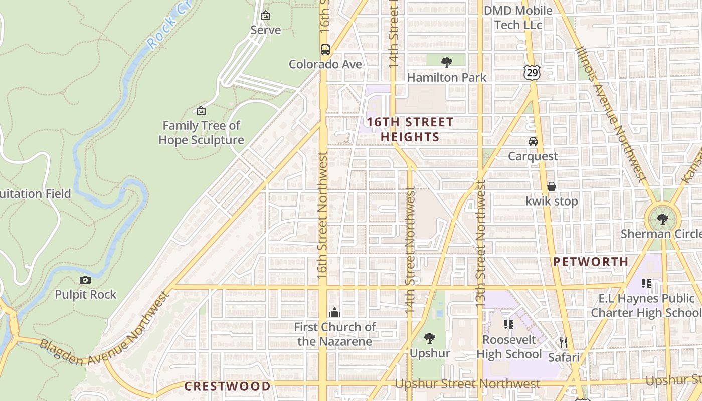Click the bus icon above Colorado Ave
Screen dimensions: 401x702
325,50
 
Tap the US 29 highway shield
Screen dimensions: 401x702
532,73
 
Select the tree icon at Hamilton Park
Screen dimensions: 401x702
446,63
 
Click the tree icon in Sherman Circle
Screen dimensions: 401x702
662,219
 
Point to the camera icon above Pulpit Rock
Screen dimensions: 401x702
85,280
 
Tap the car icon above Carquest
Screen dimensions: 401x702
533,141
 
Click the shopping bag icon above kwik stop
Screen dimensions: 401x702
552,186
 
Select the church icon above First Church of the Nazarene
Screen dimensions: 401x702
334,313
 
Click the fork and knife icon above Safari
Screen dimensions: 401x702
564,343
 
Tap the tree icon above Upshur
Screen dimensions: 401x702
430,338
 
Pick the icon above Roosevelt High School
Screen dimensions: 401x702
509,325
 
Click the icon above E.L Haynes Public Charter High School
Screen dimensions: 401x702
646,284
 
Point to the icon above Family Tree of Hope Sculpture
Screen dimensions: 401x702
201,111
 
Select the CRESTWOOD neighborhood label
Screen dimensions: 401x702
227,386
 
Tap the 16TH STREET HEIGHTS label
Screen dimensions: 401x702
410,129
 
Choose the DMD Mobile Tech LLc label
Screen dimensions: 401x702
518,17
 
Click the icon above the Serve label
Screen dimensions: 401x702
266,16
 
